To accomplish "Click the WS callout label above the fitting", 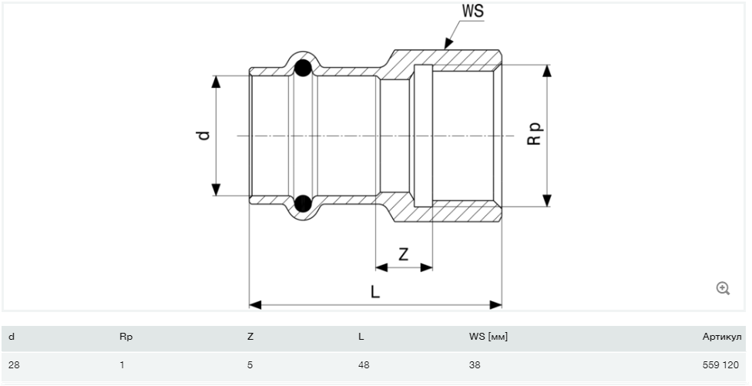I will pos(472,12).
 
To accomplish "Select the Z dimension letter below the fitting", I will pos(403,253).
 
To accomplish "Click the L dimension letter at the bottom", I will pos(374,292).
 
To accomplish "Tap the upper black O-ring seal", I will pos(303,67).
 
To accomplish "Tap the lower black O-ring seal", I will pos(303,203).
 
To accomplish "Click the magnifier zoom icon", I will pos(723,288).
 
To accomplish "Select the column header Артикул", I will pos(722,337).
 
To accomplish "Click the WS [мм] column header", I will pos(488,337).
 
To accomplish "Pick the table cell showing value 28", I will pos(14,364).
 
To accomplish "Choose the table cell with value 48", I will pos(364,364).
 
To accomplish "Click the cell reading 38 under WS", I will pos(475,364).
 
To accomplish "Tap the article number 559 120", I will pos(724,364).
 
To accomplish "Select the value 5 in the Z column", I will pos(250,364).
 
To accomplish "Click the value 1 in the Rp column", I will pos(122,364).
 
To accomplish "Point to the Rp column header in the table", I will pos(126,337).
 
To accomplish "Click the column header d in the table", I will pos(12,337).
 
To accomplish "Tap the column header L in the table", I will pos(361,337).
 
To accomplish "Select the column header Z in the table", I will pos(250,337).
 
